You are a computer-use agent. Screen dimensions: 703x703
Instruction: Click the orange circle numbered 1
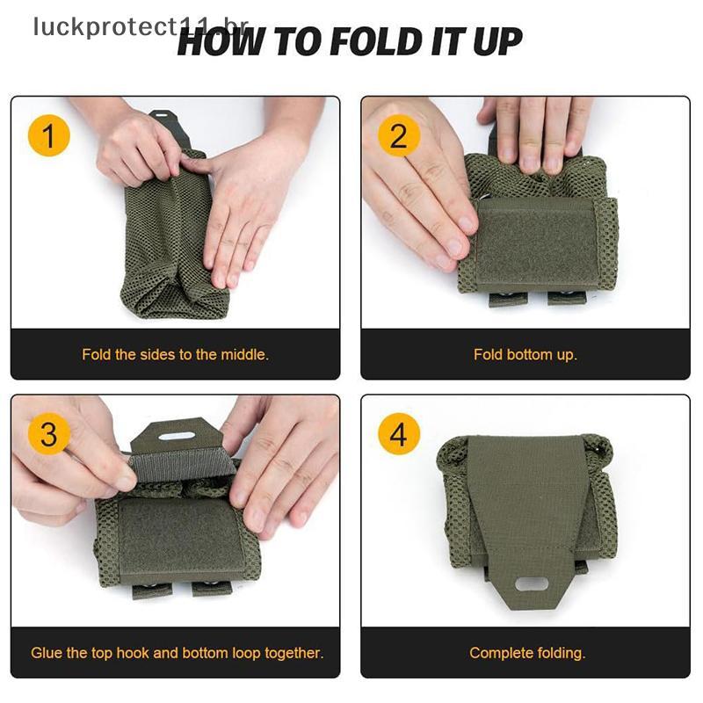click(49, 135)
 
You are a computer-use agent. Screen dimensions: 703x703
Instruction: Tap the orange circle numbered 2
click(399, 135)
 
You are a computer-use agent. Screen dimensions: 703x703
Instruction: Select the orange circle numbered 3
click(49, 433)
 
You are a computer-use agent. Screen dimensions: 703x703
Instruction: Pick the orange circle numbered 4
click(399, 433)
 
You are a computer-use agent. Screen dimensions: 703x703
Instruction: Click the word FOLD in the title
click(376, 41)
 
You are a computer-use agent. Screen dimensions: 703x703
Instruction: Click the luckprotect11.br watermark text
click(141, 28)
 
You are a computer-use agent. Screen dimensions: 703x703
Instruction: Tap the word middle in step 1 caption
click(245, 355)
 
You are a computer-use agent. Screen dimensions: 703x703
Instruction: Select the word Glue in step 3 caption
click(47, 653)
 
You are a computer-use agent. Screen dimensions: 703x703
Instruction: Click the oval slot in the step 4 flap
click(532, 584)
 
